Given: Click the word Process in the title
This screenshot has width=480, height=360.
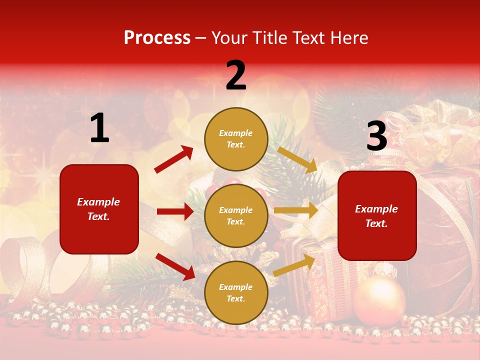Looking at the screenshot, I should (157, 38).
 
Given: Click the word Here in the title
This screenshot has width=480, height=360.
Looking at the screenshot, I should (348, 38).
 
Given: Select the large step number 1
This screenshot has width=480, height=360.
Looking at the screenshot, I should (99, 128).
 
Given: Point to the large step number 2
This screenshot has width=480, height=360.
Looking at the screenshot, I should (236, 75).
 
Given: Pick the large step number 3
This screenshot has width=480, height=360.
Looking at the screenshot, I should (376, 136).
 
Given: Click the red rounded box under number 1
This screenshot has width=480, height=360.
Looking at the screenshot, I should (99, 209).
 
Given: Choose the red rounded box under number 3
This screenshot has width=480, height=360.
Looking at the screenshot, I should (377, 215).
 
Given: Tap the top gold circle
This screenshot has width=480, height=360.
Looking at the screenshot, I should (236, 139).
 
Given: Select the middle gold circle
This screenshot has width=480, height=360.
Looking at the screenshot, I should (236, 215).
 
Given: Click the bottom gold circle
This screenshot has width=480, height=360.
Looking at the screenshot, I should (236, 292).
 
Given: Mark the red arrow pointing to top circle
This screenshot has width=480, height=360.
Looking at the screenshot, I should (174, 159).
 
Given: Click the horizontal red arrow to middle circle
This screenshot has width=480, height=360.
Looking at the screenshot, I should (175, 211).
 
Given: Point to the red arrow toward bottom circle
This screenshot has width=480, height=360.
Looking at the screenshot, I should (175, 266).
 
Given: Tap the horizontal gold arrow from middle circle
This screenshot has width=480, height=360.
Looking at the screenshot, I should (296, 210).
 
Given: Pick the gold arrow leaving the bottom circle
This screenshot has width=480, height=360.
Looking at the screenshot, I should (294, 265).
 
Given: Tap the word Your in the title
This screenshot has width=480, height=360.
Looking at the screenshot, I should (230, 38).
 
